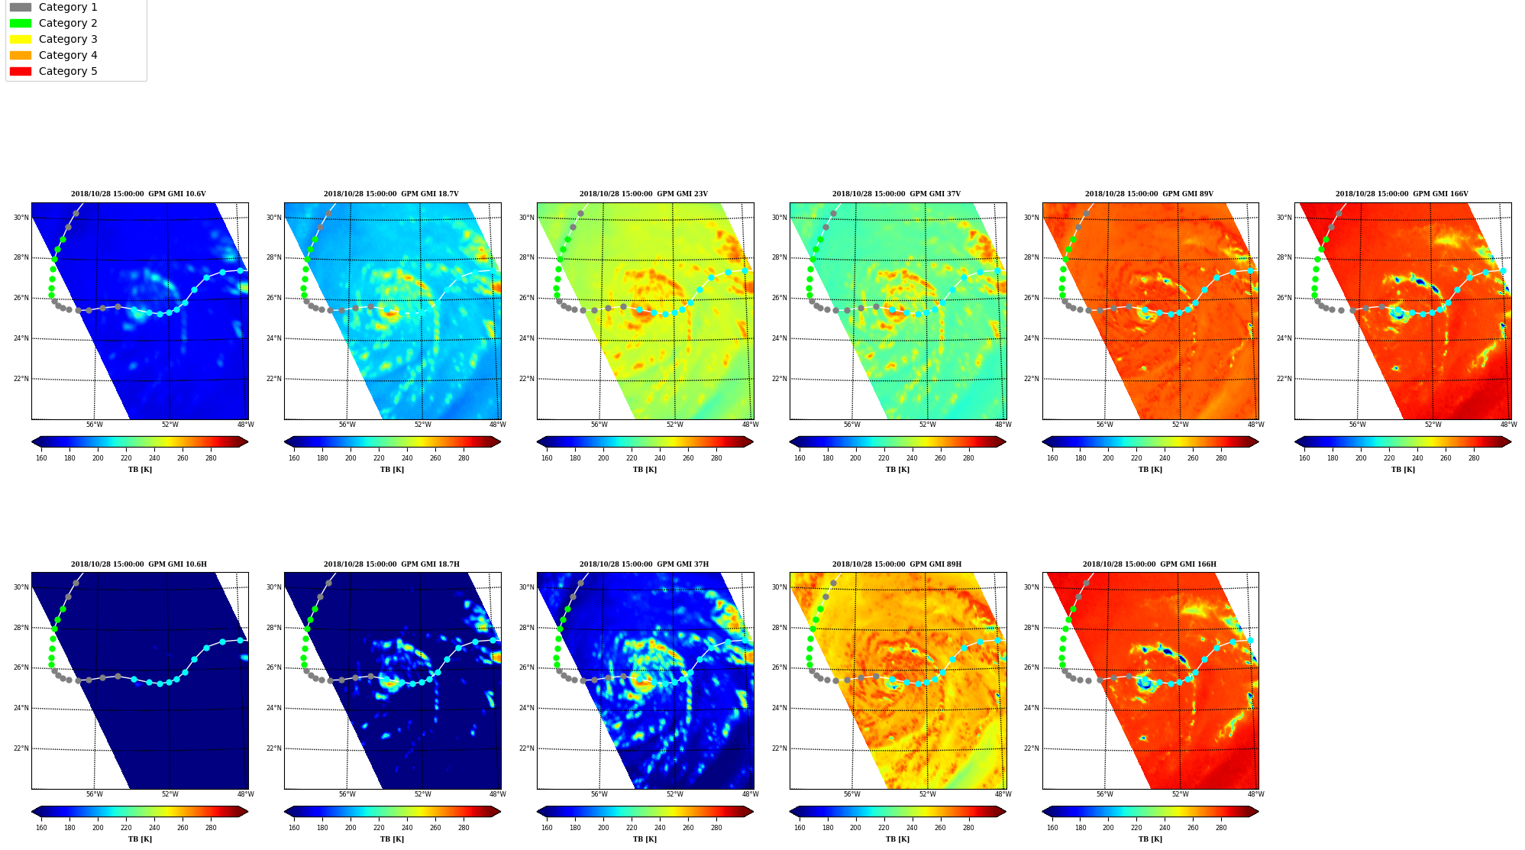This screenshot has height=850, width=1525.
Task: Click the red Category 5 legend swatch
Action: pyautogui.click(x=21, y=71)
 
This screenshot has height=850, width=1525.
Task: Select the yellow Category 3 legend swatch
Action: pyautogui.click(x=21, y=39)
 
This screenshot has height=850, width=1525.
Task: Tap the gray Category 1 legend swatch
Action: pyautogui.click(x=21, y=7)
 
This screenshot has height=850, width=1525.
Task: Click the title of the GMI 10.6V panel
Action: pyautogui.click(x=138, y=194)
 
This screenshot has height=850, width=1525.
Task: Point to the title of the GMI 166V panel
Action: pyautogui.click(x=1401, y=194)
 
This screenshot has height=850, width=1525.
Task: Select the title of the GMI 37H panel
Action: pyautogui.click(x=644, y=564)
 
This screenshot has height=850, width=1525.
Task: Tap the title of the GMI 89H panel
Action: pyautogui.click(x=897, y=564)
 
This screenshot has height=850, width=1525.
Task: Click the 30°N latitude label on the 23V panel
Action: pyautogui.click(x=527, y=218)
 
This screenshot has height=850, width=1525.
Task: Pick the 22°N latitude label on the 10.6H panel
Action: pyautogui.click(x=21, y=748)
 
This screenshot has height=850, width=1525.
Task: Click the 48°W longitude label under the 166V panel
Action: pyautogui.click(x=1507, y=425)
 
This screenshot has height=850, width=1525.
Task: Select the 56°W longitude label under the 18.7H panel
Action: pyautogui.click(x=347, y=794)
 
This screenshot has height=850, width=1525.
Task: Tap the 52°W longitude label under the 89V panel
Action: pyautogui.click(x=1180, y=425)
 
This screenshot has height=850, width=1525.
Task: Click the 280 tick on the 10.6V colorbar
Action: pyautogui.click(x=211, y=458)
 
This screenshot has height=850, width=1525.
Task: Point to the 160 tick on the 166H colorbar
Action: pyautogui.click(x=1052, y=828)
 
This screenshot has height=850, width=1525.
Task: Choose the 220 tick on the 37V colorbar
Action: pyautogui.click(x=884, y=458)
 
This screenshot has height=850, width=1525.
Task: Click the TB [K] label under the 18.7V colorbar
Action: pyautogui.click(x=392, y=470)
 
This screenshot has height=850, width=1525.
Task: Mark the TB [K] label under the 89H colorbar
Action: pyautogui.click(x=897, y=839)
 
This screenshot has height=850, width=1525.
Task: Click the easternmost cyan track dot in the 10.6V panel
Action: pyautogui.click(x=240, y=270)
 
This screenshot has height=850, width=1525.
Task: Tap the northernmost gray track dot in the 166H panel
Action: pyautogui.click(x=1086, y=583)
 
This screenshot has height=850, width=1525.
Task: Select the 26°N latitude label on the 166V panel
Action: pyautogui.click(x=1284, y=298)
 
